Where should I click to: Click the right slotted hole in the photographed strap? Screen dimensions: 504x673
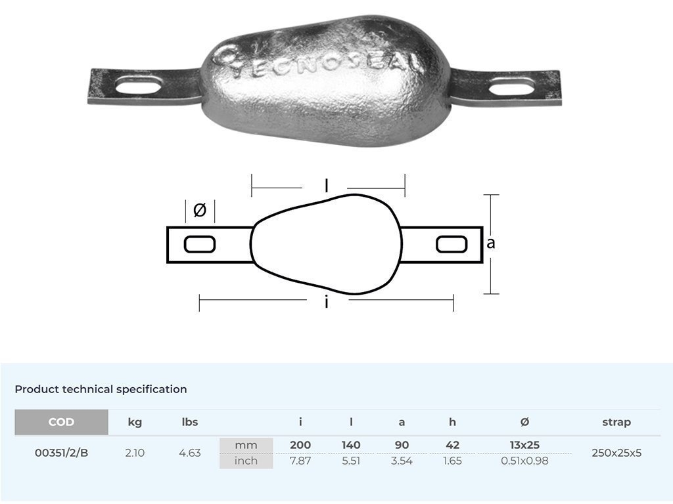(x=513, y=86)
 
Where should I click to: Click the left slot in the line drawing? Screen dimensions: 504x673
(x=200, y=245)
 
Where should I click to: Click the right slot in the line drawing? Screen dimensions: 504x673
(x=452, y=245)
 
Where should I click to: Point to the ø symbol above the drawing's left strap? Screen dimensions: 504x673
(x=200, y=211)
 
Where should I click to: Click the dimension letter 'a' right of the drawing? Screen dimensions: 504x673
(x=490, y=243)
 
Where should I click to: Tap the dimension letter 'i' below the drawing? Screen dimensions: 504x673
(x=327, y=303)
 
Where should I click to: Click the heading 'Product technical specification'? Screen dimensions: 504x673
(x=101, y=389)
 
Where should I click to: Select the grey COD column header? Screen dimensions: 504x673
(x=61, y=422)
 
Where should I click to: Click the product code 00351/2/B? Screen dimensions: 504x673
(x=61, y=453)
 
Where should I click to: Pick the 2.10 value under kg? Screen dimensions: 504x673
(x=135, y=453)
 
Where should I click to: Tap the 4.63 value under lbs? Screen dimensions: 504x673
(x=190, y=453)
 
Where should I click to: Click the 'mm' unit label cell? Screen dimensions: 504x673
(x=246, y=445)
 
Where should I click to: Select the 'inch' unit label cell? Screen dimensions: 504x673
(x=246, y=461)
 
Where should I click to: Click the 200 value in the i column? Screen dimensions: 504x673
(x=300, y=445)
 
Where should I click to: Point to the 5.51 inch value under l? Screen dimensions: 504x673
(x=351, y=461)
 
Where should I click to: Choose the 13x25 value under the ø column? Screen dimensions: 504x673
(x=524, y=445)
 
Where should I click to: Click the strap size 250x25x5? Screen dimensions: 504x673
(x=616, y=453)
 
